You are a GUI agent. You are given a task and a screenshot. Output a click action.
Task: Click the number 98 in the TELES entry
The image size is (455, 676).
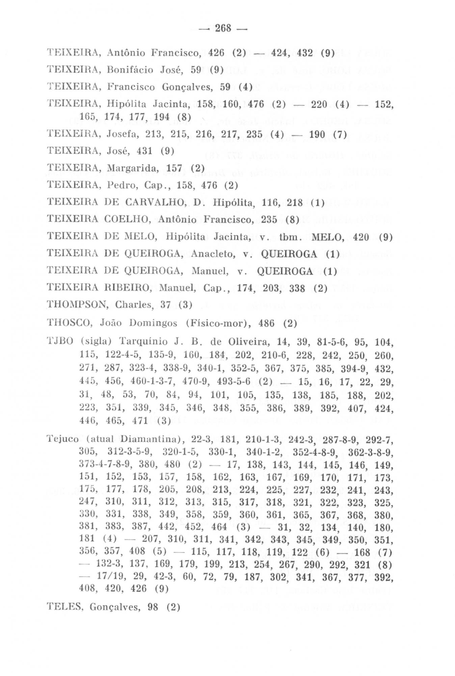(153, 607)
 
